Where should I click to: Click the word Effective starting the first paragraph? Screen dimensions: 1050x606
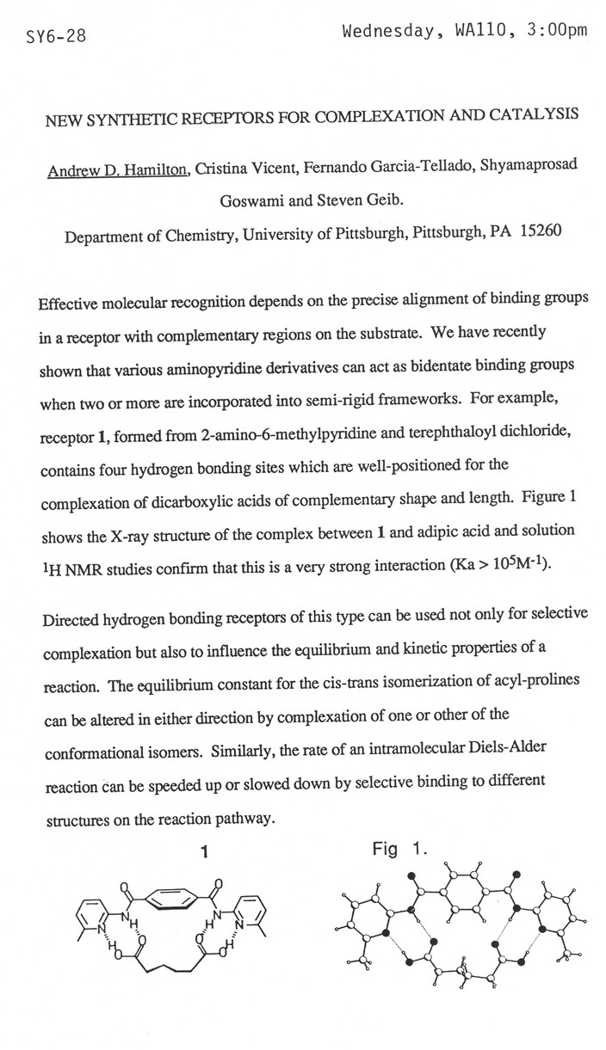tap(69, 306)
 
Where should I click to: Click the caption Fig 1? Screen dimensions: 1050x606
tap(399, 850)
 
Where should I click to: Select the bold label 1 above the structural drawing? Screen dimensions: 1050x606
tap(204, 851)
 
